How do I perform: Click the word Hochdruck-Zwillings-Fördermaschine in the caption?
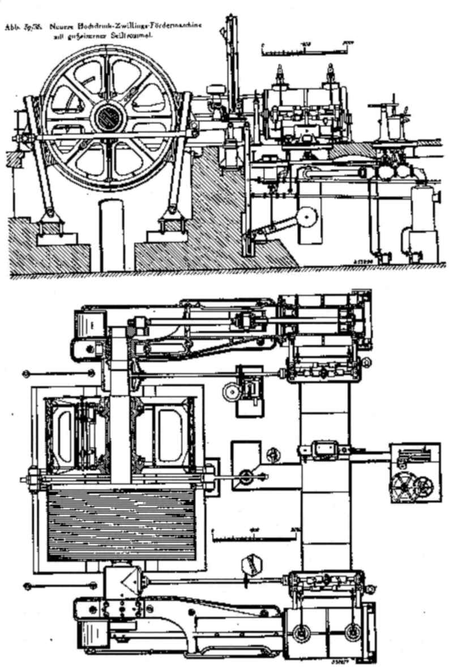141,26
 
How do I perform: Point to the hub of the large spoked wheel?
106,117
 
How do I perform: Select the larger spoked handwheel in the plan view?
403,486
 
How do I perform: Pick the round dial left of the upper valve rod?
231,391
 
